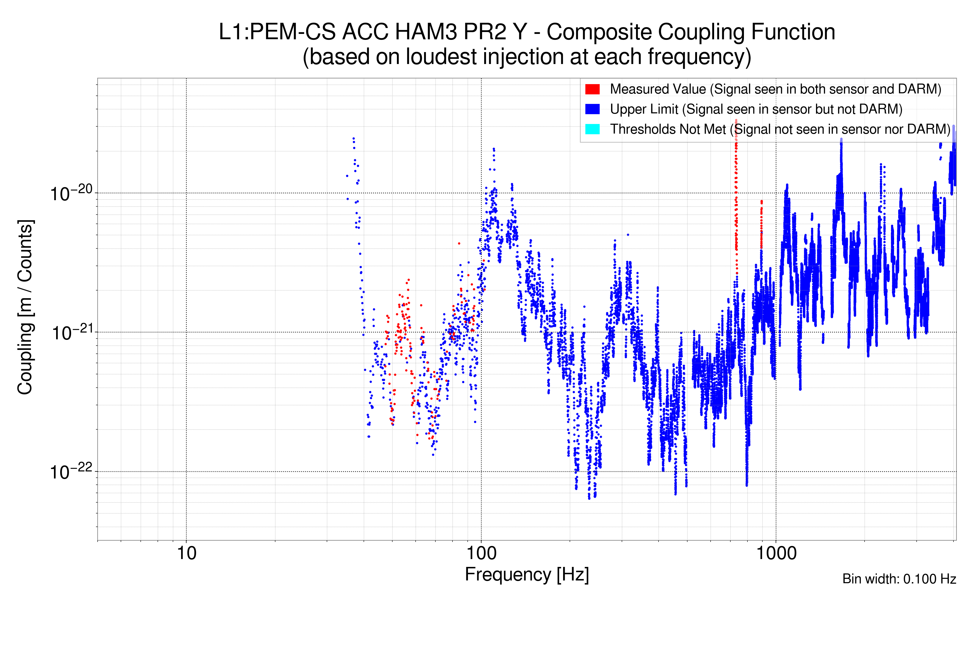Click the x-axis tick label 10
pyautogui.click(x=186, y=553)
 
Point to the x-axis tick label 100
pyautogui.click(x=481, y=553)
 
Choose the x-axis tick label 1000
pyautogui.click(x=776, y=553)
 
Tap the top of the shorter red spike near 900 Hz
pyautogui.click(x=762, y=201)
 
